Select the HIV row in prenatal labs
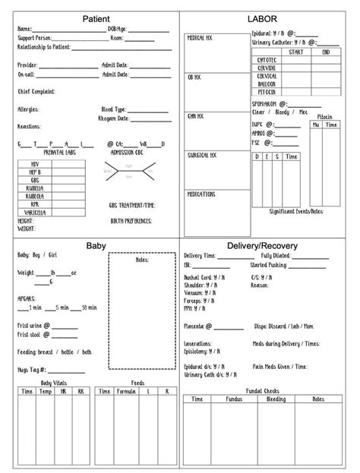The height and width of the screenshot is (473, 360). tap(35, 163)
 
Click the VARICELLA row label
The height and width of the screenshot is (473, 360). tap(35, 213)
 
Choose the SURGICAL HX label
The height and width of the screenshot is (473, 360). tap(202, 155)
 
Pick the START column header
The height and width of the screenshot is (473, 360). tap(296, 52)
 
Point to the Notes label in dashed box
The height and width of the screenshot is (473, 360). tap(141, 260)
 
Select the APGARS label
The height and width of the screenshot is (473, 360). tap(26, 298)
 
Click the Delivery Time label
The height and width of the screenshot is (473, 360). tap(204, 257)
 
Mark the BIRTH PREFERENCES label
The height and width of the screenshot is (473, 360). tap(131, 221)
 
